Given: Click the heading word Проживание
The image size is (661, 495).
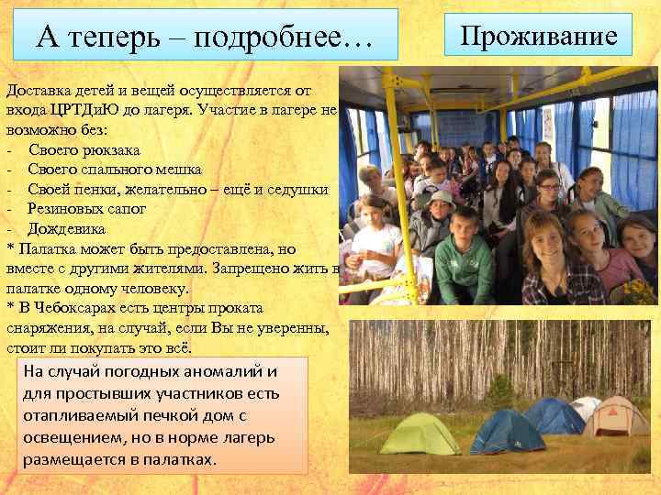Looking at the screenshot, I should (x=539, y=37).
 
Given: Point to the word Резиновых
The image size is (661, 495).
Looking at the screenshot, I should (x=67, y=209).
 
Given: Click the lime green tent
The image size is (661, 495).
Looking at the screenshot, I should (x=420, y=434).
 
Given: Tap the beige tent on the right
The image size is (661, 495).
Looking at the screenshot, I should (x=616, y=418).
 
